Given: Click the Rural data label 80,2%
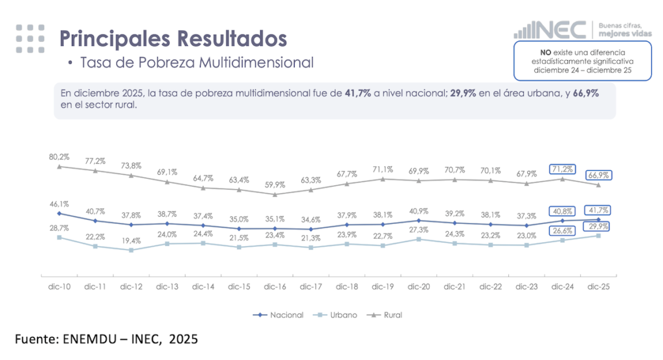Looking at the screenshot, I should click(59, 157).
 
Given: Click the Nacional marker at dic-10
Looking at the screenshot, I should click(59, 213).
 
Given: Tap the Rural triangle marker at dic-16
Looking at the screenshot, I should click(276, 194).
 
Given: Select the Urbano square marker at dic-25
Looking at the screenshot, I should click(598, 236).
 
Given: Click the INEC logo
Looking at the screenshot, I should click(550, 30).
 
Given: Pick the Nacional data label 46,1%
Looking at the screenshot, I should click(59, 203).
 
